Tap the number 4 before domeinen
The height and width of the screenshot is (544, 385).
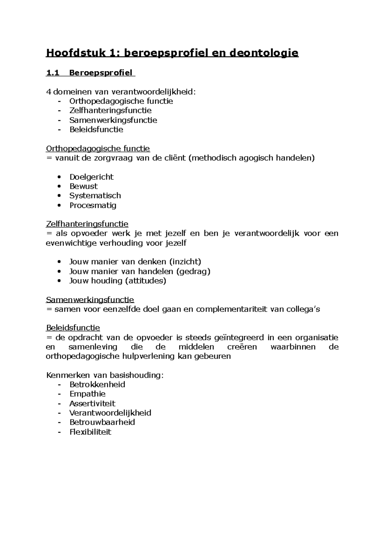pyautogui.click(x=48, y=92)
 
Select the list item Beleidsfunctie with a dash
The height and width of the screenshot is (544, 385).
pyautogui.click(x=96, y=129)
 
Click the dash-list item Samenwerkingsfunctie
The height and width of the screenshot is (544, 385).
pyautogui.click(x=113, y=120)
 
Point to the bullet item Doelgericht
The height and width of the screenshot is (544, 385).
pyautogui.click(x=91, y=177)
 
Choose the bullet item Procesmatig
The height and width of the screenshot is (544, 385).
pyautogui.click(x=93, y=205)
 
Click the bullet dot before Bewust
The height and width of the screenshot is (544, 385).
pyautogui.click(x=58, y=186)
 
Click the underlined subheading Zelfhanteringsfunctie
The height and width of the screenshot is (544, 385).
pyautogui.click(x=87, y=224)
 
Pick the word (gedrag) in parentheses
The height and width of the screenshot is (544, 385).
pyautogui.click(x=193, y=271)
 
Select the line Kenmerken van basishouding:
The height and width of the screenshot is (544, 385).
pyautogui.click(x=105, y=375)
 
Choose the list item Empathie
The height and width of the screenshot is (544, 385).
pyautogui.click(x=87, y=394)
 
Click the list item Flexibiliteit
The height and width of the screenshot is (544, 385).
pyautogui.click(x=90, y=432)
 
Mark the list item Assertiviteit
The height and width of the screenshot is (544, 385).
pyautogui.click(x=92, y=404)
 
